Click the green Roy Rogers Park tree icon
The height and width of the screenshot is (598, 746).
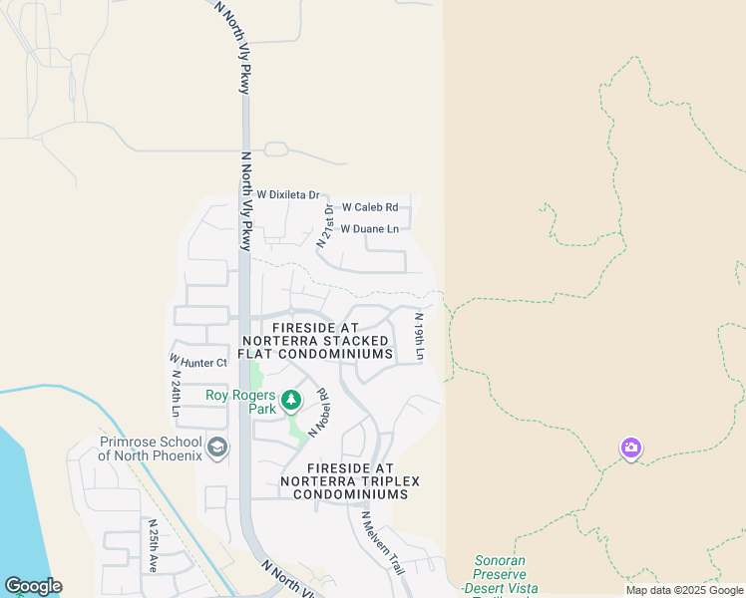(291, 401)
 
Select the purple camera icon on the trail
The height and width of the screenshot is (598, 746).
(630, 448)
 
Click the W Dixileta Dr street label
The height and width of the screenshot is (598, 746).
(287, 195)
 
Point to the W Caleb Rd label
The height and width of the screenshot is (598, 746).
(370, 207)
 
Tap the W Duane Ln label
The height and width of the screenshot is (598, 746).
(369, 229)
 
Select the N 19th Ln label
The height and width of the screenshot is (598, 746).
(420, 337)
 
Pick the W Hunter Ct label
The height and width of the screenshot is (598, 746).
(198, 362)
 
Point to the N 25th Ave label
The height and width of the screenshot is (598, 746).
(153, 544)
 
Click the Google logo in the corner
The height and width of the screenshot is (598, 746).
(32, 586)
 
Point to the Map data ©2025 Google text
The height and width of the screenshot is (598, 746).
(683, 590)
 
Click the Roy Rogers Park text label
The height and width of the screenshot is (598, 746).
(239, 402)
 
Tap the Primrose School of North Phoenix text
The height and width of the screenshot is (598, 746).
(151, 448)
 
